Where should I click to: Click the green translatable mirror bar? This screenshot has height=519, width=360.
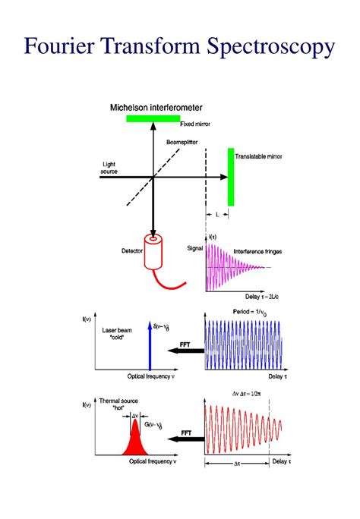point(231,176)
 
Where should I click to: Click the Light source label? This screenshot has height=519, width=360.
point(109,168)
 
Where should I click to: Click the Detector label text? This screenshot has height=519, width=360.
point(132,250)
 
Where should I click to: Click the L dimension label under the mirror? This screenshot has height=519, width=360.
point(216,215)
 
